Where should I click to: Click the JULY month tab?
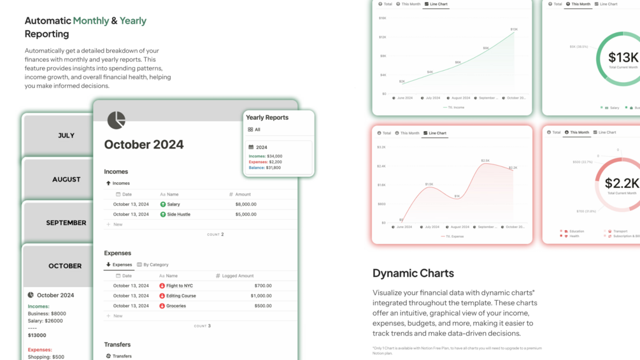coord(66,136)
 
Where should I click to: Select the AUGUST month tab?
coord(66,180)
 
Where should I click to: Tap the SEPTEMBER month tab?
coord(66,223)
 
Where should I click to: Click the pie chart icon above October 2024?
coord(116,120)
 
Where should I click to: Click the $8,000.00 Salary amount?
coord(246,205)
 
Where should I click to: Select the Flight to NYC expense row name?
coord(180,286)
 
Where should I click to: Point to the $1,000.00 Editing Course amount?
coord(261,296)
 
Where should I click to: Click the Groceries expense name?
coord(176,306)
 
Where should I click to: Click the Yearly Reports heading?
coord(267,118)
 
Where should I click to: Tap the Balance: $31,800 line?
coord(265,168)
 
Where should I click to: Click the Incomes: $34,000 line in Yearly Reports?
coord(266,156)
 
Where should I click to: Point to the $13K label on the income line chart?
coord(513,29)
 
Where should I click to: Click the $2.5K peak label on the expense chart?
coord(485,161)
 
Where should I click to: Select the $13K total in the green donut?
coord(623,58)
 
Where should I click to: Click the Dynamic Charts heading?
coord(413,273)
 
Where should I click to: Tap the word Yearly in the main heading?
coord(133,20)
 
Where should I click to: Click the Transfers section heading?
coord(117,345)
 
